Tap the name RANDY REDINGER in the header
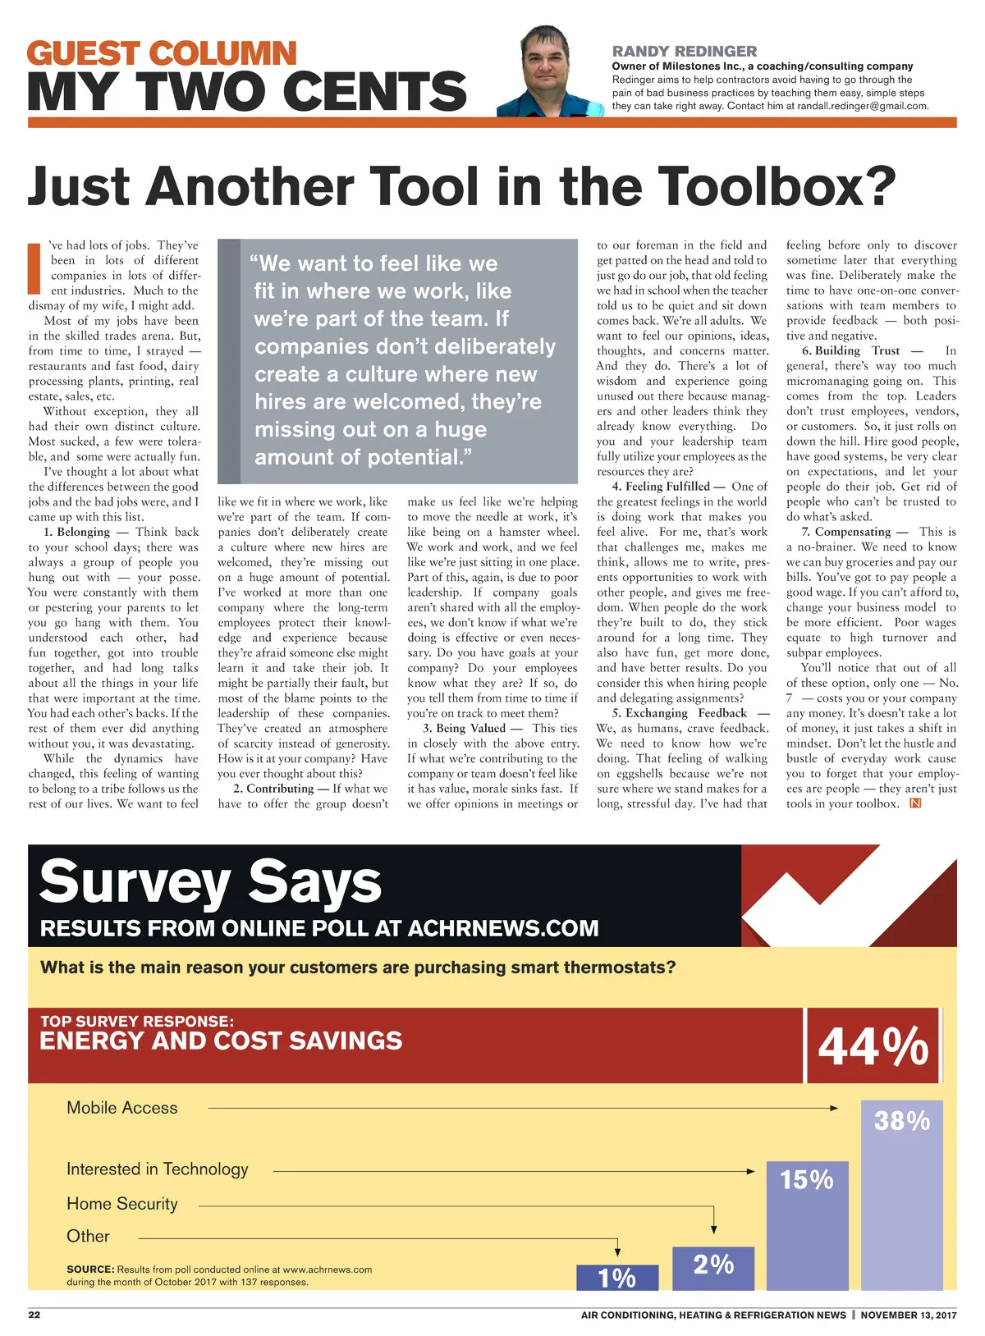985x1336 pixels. pos(685,51)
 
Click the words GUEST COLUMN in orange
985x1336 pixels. pos(162,53)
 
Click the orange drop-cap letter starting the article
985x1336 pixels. pos(34,268)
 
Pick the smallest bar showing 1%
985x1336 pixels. pos(616,1277)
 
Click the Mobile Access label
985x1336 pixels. pos(122,1108)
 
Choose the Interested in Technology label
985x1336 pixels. pos(158,1169)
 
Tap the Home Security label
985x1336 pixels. pos(122,1204)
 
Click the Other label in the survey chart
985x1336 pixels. pos(88,1236)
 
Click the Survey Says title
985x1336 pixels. pos(210,882)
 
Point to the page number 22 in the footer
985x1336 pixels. pos(34,1315)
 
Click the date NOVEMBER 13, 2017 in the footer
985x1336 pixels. pos(909,1315)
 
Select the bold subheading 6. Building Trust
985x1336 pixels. pos(851,350)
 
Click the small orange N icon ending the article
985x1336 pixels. pos(916,803)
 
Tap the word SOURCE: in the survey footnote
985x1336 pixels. pos(90,1270)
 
